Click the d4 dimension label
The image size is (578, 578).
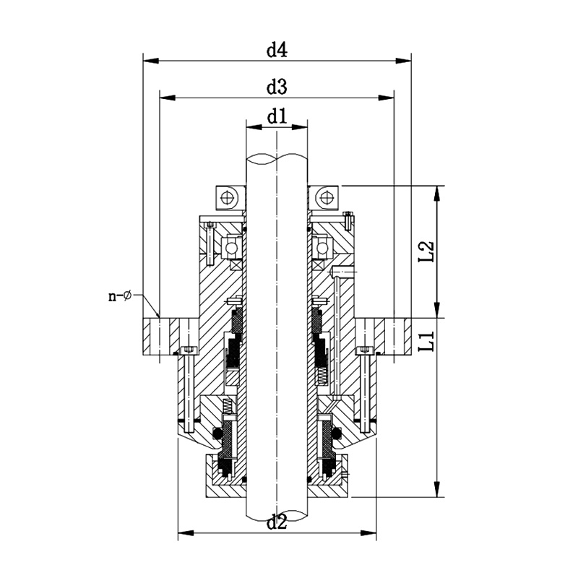(x=277, y=50)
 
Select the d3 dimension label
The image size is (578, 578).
(x=277, y=87)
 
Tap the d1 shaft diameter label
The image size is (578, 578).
(x=277, y=117)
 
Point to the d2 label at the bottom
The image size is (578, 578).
(x=277, y=522)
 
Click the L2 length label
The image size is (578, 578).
(x=426, y=251)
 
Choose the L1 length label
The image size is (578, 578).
(x=426, y=341)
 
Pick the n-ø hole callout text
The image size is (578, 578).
(x=120, y=296)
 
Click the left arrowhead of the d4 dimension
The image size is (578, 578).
(x=151, y=61)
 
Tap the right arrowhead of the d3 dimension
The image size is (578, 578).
(x=387, y=98)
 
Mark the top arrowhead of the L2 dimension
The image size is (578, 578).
(x=437, y=194)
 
